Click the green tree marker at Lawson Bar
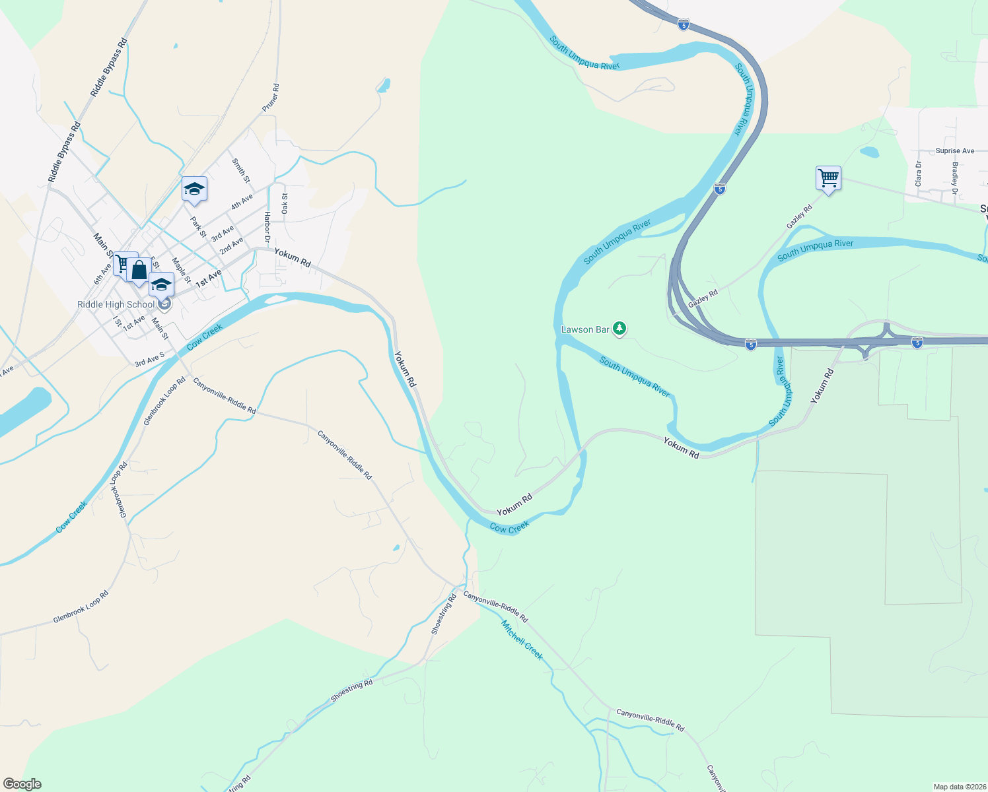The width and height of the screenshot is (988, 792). [x=619, y=328]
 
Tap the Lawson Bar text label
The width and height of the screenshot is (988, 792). [x=585, y=329]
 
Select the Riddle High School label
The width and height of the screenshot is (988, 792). [x=116, y=304]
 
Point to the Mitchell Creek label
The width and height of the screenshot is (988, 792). [x=522, y=640]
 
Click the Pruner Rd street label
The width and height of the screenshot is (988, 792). [x=271, y=98]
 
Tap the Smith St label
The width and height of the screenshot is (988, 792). [x=241, y=170]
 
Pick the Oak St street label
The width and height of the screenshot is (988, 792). [x=285, y=203]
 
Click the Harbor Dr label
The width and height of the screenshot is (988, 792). [x=267, y=226]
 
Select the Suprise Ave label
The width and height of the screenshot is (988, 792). [x=954, y=151]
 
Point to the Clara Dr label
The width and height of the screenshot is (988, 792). [x=918, y=172]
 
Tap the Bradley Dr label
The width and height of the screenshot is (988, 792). [x=955, y=178]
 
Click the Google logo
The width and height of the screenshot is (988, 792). [x=22, y=784]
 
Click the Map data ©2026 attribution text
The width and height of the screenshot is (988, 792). [x=959, y=787]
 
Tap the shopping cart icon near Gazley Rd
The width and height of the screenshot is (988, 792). [x=828, y=178]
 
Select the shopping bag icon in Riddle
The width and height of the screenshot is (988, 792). [x=139, y=270]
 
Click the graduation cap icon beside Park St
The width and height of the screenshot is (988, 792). [x=194, y=189]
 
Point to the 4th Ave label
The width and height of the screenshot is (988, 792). [x=242, y=202]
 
